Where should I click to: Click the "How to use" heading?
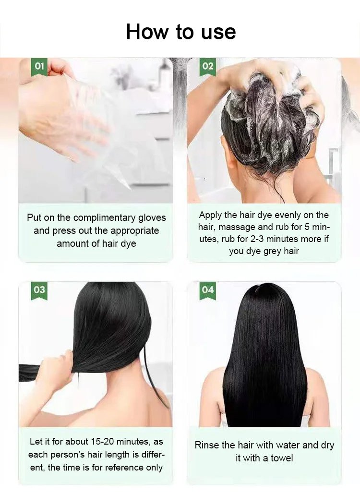(x=181, y=32)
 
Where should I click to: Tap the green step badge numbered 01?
(x=39, y=67)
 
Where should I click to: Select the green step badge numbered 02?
(x=208, y=67)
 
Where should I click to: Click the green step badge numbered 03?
(x=39, y=290)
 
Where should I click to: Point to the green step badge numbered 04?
(x=208, y=290)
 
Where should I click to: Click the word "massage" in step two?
(x=237, y=227)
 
